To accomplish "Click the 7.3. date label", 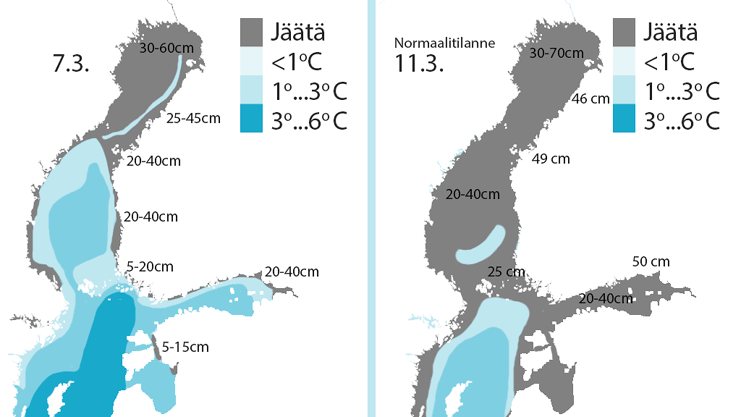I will pos(71,64).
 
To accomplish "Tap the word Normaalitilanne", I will pos(444,43).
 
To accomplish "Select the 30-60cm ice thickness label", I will pos(166,49).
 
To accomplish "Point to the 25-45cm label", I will pos(192,117).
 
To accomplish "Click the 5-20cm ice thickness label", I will pos(150,266).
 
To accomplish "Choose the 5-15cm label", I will pos(185,347).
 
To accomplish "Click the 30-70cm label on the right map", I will pos(556,53).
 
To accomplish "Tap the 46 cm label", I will pos(590,99).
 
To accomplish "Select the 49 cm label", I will pos(551,159).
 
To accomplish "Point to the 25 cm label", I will pos(505,271).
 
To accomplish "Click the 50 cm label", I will pos(651,261).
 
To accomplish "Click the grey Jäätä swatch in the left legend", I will pos(250,33).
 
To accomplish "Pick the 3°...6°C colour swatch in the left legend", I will pos(250,119).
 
